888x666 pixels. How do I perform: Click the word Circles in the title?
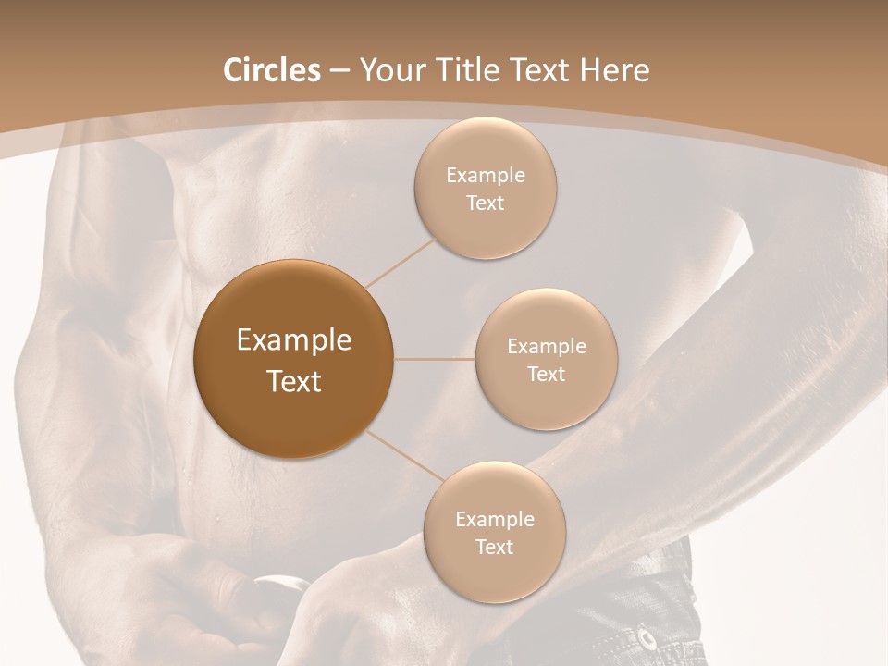[272, 70]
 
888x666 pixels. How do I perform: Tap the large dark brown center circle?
[294, 359]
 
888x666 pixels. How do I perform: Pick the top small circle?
[485, 189]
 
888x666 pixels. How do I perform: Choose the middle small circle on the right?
[546, 359]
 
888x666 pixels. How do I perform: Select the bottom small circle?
[494, 533]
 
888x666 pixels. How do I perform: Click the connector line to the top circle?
[401, 261]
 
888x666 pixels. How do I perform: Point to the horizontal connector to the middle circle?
[434, 359]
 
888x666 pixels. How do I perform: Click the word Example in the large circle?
[294, 340]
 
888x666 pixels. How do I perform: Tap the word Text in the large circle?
[294, 381]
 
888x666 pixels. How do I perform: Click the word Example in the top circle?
[485, 175]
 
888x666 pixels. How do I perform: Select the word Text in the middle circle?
[546, 374]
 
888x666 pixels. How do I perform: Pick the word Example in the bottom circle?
[494, 519]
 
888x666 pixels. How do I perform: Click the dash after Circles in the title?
[339, 71]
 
